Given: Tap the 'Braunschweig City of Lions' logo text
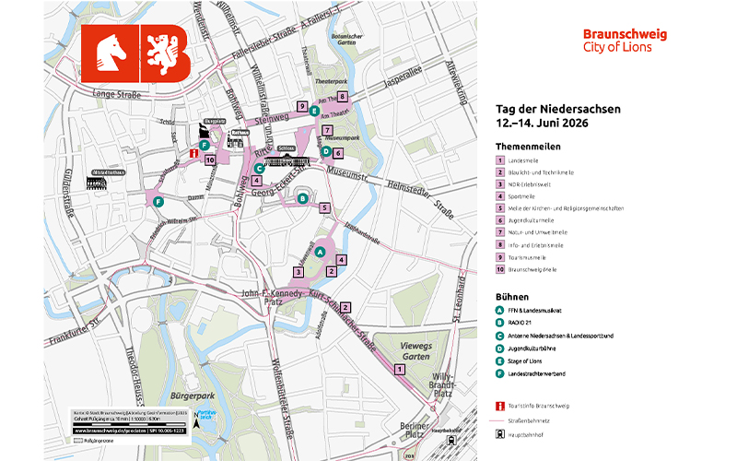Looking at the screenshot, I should (625, 41).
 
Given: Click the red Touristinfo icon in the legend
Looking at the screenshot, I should (500, 406).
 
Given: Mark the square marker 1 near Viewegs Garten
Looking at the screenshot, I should (400, 369).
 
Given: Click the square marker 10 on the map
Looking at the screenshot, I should (210, 160).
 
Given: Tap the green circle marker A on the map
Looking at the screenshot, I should (320, 252).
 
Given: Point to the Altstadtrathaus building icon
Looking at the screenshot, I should (98, 181).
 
